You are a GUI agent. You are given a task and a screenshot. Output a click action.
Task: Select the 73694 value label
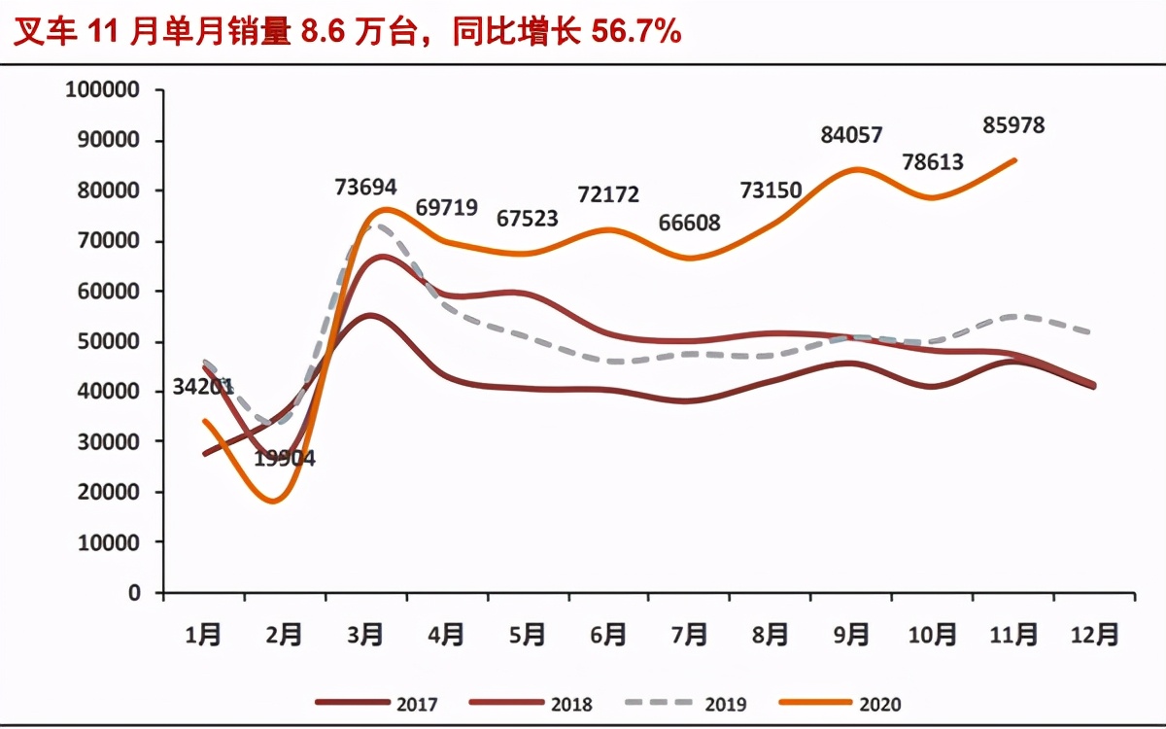point(364,187)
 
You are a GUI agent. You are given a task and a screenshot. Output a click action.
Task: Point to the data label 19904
point(285,459)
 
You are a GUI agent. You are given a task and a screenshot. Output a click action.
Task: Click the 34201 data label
point(203,386)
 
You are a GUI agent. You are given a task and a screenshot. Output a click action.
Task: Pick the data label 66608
point(689,223)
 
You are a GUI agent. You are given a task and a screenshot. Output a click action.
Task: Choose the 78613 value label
point(931,161)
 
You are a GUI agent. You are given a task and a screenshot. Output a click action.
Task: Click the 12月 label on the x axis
point(1094,635)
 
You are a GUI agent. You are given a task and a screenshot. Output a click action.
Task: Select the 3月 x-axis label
point(364,635)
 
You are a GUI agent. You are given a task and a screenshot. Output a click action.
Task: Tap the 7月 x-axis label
point(689,635)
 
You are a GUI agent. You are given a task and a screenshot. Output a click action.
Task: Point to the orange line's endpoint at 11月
point(1014,160)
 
